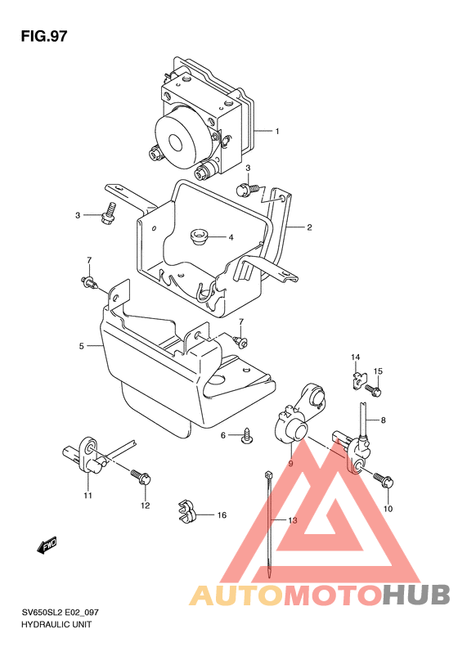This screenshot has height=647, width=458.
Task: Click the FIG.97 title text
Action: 43,36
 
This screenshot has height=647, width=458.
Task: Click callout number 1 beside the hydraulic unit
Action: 277,132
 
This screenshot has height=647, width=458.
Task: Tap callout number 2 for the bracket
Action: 309,227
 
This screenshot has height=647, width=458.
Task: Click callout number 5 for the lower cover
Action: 81,346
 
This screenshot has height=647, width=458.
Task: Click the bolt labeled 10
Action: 384,480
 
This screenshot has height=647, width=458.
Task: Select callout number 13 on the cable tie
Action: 293,521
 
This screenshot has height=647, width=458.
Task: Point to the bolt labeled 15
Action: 373,390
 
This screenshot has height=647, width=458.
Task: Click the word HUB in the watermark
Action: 415,595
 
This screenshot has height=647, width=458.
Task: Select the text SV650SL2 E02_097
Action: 60,613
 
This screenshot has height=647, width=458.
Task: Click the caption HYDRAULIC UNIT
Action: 56,624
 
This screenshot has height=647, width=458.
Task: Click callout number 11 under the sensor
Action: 88,496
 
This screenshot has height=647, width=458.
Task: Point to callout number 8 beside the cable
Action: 384,420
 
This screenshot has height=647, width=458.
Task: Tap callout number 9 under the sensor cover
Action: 290,464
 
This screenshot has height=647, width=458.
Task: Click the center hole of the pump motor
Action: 175,143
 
